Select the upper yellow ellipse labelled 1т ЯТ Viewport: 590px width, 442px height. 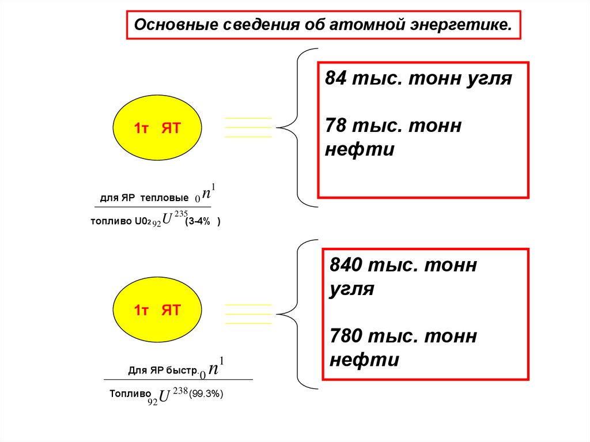(x=157, y=128)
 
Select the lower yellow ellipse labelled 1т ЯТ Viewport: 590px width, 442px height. (x=157, y=311)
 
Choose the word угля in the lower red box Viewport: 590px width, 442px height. (x=352, y=289)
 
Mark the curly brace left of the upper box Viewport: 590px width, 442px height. (x=298, y=127)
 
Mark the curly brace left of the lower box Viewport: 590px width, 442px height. (x=298, y=314)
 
